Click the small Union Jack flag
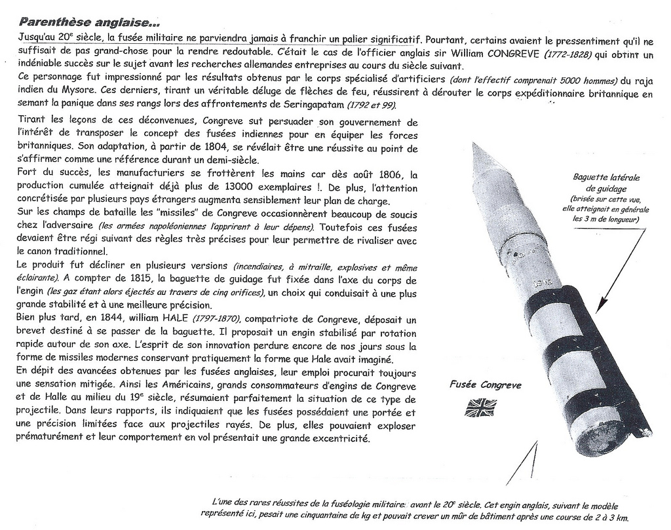tap(480, 407)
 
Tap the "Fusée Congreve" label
tap(486, 385)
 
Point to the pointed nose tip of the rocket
tap(475, 145)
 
